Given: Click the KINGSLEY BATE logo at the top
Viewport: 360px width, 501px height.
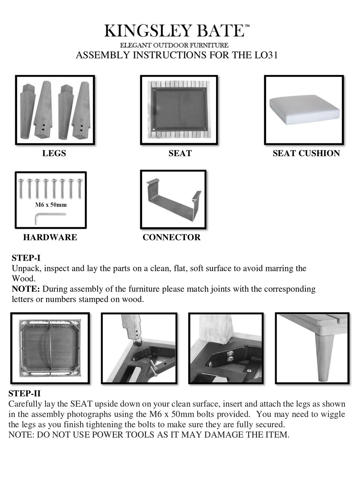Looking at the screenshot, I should point(177,31).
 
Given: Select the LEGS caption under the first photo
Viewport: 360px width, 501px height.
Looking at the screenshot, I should point(54,153).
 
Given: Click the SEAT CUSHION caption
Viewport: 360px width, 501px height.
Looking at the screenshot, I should point(306,153).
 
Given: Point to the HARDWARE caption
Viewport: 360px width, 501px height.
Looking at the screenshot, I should point(50,238).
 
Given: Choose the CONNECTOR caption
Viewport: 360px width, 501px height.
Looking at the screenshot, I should point(171,238).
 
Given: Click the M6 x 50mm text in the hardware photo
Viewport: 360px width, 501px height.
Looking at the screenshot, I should point(51,205).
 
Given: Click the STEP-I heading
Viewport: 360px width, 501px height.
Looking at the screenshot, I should point(26,258).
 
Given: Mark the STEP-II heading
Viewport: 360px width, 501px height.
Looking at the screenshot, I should point(24,393).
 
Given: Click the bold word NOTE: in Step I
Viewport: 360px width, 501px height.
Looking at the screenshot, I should point(25,289).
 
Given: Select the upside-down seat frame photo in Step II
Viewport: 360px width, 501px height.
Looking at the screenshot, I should point(50,348).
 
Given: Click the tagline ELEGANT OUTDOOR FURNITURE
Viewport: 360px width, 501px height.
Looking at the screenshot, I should point(174,45).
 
